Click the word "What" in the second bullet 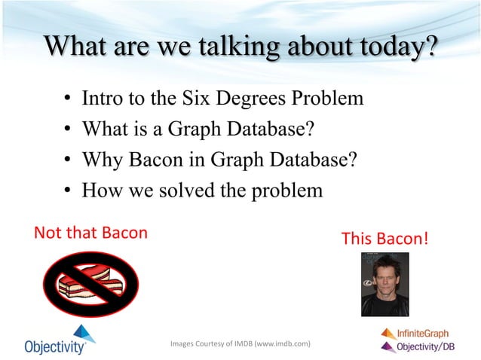[x=104, y=130]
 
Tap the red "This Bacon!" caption [x=385, y=239]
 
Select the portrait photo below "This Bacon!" [x=384, y=284]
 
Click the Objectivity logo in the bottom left [x=56, y=340]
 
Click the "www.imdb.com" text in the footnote [x=283, y=344]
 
